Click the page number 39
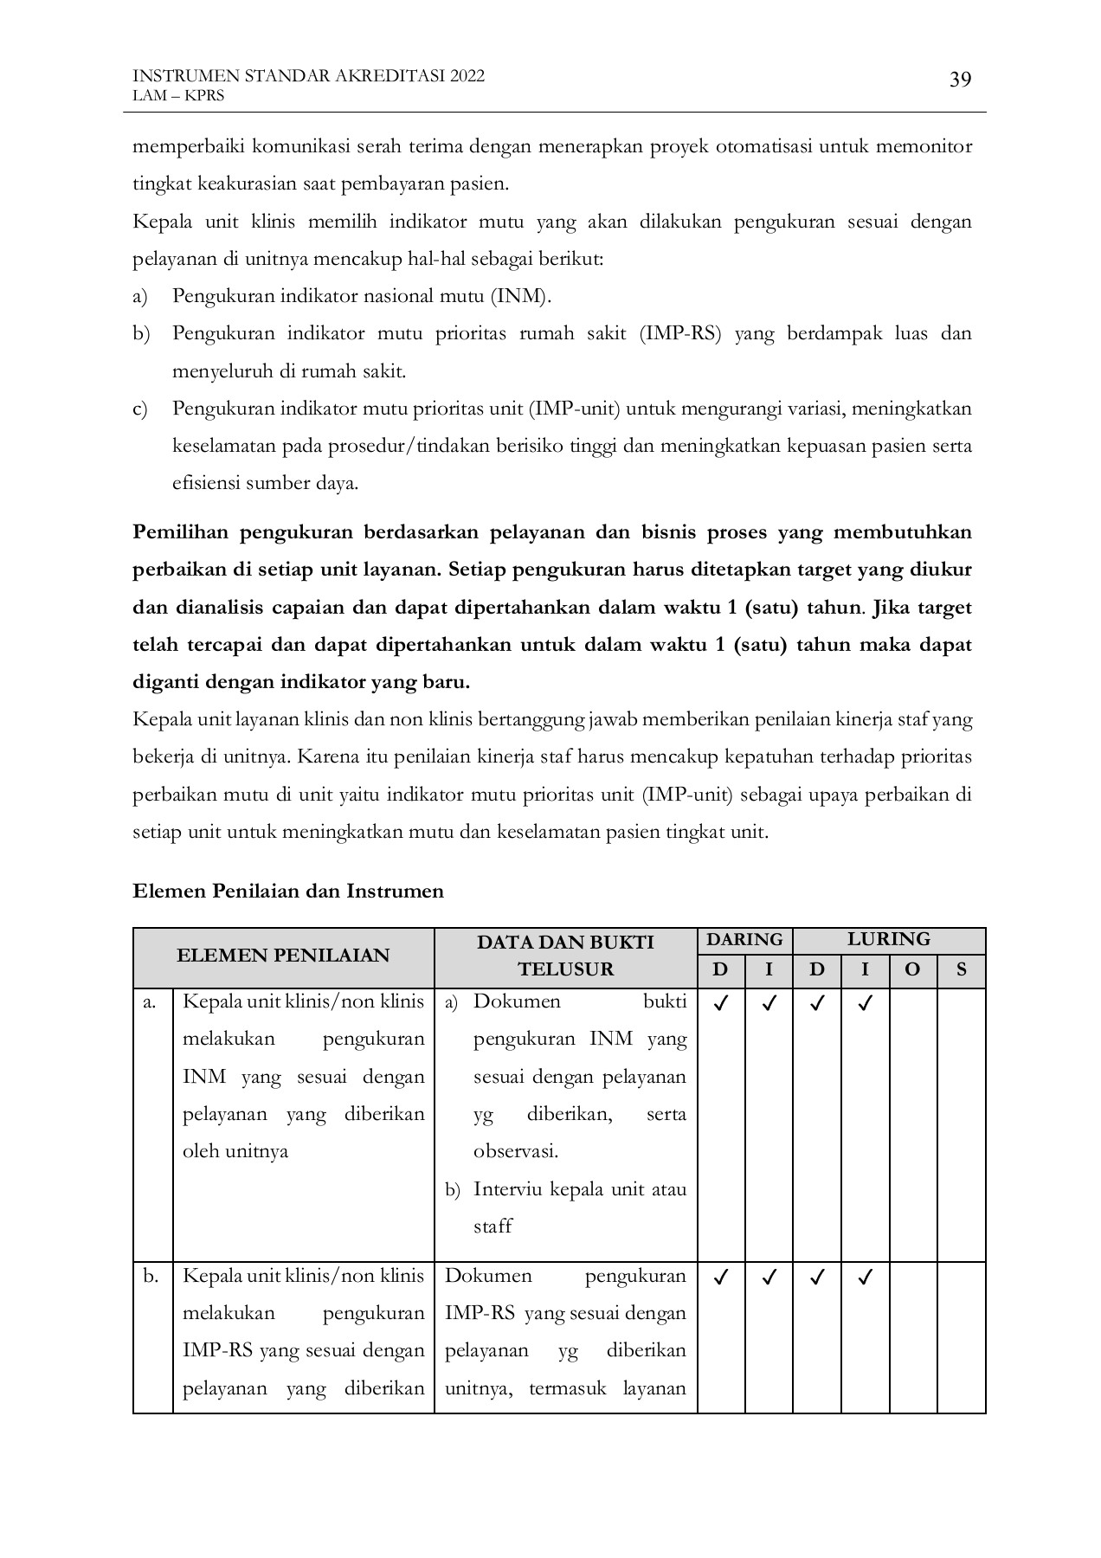click(960, 80)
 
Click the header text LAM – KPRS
click(177, 96)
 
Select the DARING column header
click(744, 940)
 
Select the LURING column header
click(888, 940)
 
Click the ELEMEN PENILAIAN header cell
click(283, 956)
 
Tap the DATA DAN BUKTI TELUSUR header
click(565, 956)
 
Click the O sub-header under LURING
click(912, 970)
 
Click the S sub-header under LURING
click(961, 970)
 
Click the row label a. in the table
click(150, 1002)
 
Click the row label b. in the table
click(151, 1276)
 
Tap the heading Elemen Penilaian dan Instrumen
click(287, 892)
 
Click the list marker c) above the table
click(140, 409)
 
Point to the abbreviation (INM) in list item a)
click(521, 297)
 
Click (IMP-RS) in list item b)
click(680, 334)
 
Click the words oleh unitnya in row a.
click(235, 1152)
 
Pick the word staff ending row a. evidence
click(493, 1226)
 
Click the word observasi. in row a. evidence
click(515, 1152)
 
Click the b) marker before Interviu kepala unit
click(452, 1190)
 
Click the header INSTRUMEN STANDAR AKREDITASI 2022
click(308, 76)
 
